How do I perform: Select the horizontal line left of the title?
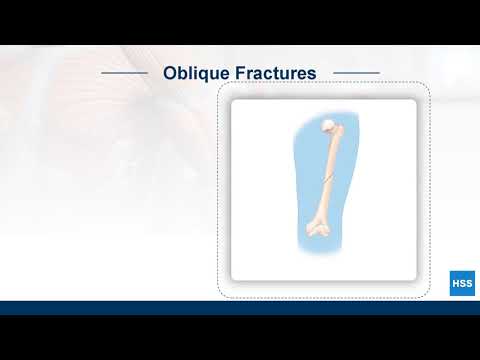click(125, 73)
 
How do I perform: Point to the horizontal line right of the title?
click(356, 73)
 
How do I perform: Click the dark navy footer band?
click(240, 308)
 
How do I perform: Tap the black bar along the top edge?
click(240, 21)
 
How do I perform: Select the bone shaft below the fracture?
click(323, 205)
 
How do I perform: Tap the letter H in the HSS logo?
click(455, 283)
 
